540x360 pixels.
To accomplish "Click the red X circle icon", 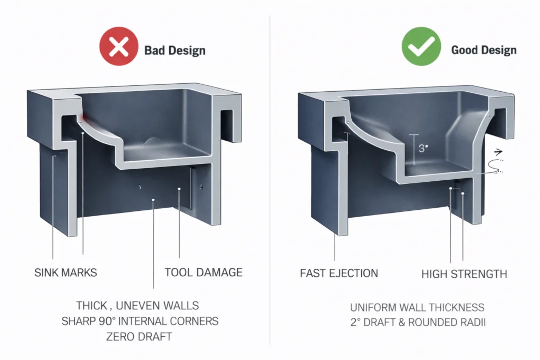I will [x=119, y=50].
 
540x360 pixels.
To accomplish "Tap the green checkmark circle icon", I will [x=421, y=50].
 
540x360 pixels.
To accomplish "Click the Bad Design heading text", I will [x=175, y=51].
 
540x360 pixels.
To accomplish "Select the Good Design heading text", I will [x=484, y=51].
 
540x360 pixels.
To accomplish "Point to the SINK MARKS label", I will [x=66, y=273].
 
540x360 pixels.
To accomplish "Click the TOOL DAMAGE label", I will [x=204, y=273].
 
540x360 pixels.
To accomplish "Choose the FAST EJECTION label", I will [x=339, y=274].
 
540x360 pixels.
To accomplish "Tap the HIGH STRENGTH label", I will [x=464, y=274].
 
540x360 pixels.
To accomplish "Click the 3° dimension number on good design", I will [x=422, y=149].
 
